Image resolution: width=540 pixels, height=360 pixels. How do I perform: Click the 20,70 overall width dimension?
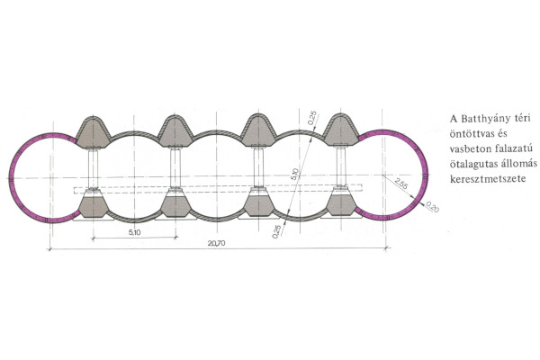click(x=216, y=243)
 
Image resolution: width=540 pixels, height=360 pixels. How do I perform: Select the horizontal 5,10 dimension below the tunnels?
click(x=135, y=232)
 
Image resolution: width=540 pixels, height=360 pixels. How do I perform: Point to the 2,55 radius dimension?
click(x=400, y=184)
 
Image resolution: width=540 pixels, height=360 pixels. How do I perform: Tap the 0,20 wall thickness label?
click(x=433, y=206)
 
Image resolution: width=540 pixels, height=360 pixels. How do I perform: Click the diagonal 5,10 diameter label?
click(x=294, y=174)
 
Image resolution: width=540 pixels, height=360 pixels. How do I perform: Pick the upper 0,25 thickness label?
click(x=312, y=118)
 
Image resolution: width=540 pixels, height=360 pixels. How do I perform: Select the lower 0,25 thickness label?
click(x=276, y=231)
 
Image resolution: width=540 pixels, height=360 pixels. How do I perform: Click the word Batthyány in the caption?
click(x=481, y=119)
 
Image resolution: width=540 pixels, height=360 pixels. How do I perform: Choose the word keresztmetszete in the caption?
click(x=488, y=179)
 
